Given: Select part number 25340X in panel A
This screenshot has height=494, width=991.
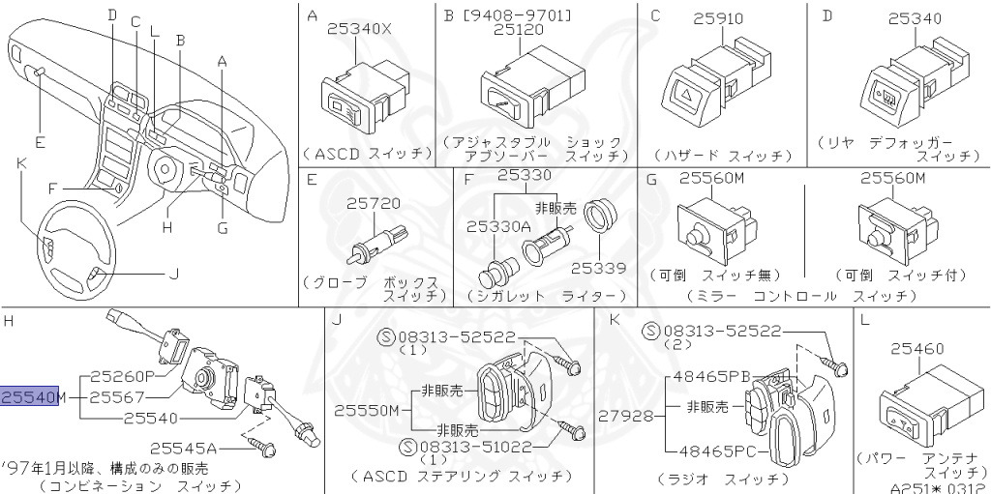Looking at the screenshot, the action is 359,30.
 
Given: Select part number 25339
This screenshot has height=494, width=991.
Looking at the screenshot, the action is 597,267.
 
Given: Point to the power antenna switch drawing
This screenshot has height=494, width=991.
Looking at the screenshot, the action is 916,405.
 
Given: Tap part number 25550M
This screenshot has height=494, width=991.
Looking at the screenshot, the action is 367,411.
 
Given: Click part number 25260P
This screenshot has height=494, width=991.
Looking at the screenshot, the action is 124,375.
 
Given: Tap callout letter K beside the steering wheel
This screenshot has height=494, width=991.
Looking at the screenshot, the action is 20,162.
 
